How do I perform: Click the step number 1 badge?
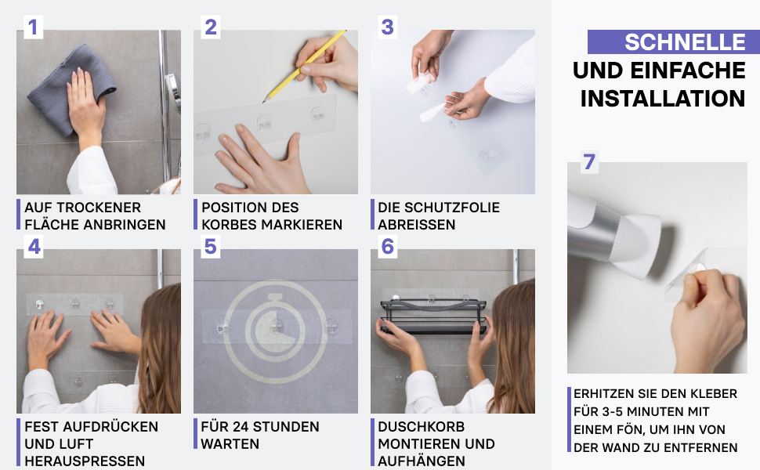click(x=33, y=27)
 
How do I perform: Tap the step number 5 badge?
click(x=210, y=246)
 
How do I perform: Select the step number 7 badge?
click(x=589, y=162)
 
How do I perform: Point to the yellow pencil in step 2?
click(x=304, y=67)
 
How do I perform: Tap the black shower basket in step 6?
click(x=433, y=316)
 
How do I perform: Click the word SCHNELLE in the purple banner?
click(x=685, y=42)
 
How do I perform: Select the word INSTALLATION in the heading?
click(x=663, y=99)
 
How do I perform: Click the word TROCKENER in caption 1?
click(x=105, y=208)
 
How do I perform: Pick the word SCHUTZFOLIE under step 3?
click(x=452, y=208)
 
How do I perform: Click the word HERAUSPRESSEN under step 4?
click(x=85, y=461)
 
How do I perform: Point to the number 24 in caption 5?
click(x=241, y=427)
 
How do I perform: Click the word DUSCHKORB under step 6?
click(x=422, y=427)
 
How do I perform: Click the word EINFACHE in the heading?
click(x=688, y=70)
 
